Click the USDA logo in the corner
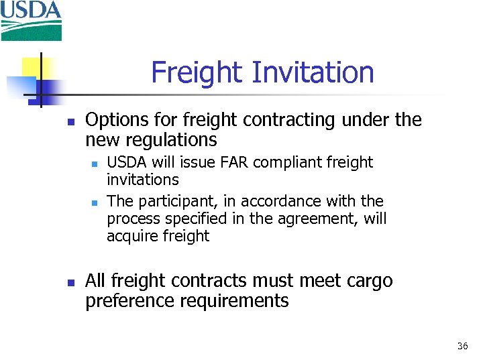[31, 21]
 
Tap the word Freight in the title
[191, 72]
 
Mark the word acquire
[131, 236]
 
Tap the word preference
[128, 301]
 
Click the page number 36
[462, 347]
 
